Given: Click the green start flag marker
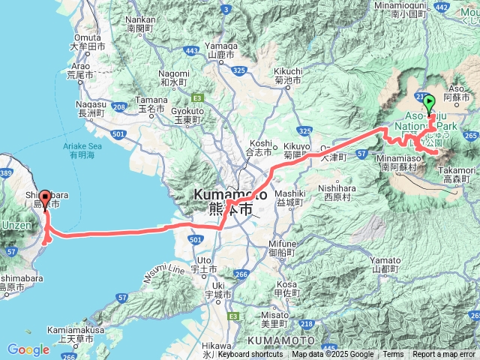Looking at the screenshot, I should point(429,105).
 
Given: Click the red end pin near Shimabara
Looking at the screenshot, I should point(45,199).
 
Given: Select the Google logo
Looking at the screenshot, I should point(28,349).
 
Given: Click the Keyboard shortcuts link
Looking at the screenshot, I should point(250,355).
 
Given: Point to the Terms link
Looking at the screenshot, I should point(393,355).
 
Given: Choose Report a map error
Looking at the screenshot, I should point(443,355).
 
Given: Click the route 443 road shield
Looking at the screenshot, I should point(192,50).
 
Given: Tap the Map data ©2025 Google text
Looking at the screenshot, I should point(332,355).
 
